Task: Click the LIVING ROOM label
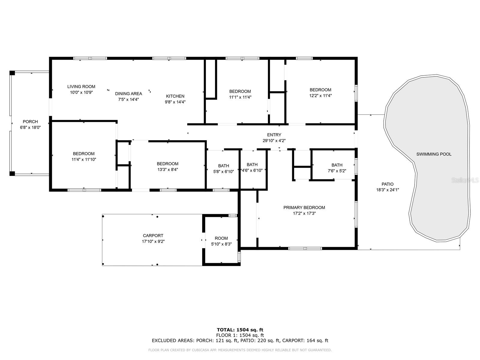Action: click(x=81, y=87)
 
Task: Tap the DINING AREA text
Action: click(x=129, y=94)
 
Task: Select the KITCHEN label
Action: click(x=175, y=96)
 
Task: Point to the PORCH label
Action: click(x=30, y=121)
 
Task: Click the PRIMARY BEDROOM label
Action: click(x=304, y=207)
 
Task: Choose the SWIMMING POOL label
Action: click(x=434, y=154)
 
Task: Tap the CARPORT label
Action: click(x=153, y=235)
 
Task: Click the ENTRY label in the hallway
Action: click(x=274, y=135)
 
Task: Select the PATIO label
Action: click(x=388, y=184)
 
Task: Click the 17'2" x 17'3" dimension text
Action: click(x=304, y=213)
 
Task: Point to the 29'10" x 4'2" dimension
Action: click(x=274, y=141)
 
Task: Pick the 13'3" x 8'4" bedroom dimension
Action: click(x=168, y=169)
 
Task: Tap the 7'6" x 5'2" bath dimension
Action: click(x=337, y=171)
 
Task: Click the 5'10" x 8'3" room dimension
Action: click(x=221, y=244)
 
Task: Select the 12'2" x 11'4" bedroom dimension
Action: click(x=320, y=95)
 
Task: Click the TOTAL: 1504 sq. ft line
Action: click(x=240, y=330)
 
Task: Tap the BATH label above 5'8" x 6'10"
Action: click(x=223, y=166)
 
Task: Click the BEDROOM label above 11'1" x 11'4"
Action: click(x=240, y=91)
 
